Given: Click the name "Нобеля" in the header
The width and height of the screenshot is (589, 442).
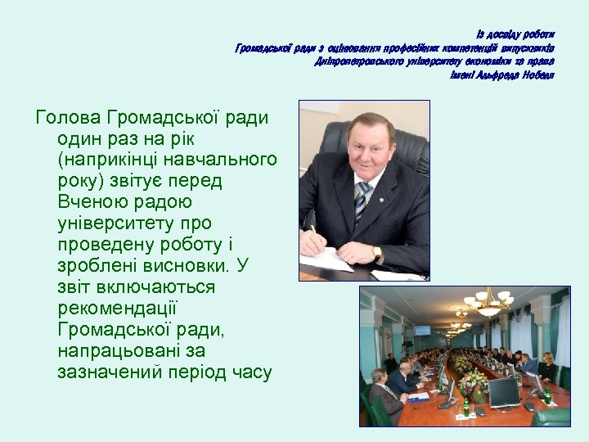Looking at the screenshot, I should [x=537, y=75].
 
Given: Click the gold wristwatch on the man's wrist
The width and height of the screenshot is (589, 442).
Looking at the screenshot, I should [x=377, y=251].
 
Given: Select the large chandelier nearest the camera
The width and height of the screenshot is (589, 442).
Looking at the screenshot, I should [x=488, y=304].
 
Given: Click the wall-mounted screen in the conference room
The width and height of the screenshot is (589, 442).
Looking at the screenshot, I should [x=422, y=329].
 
